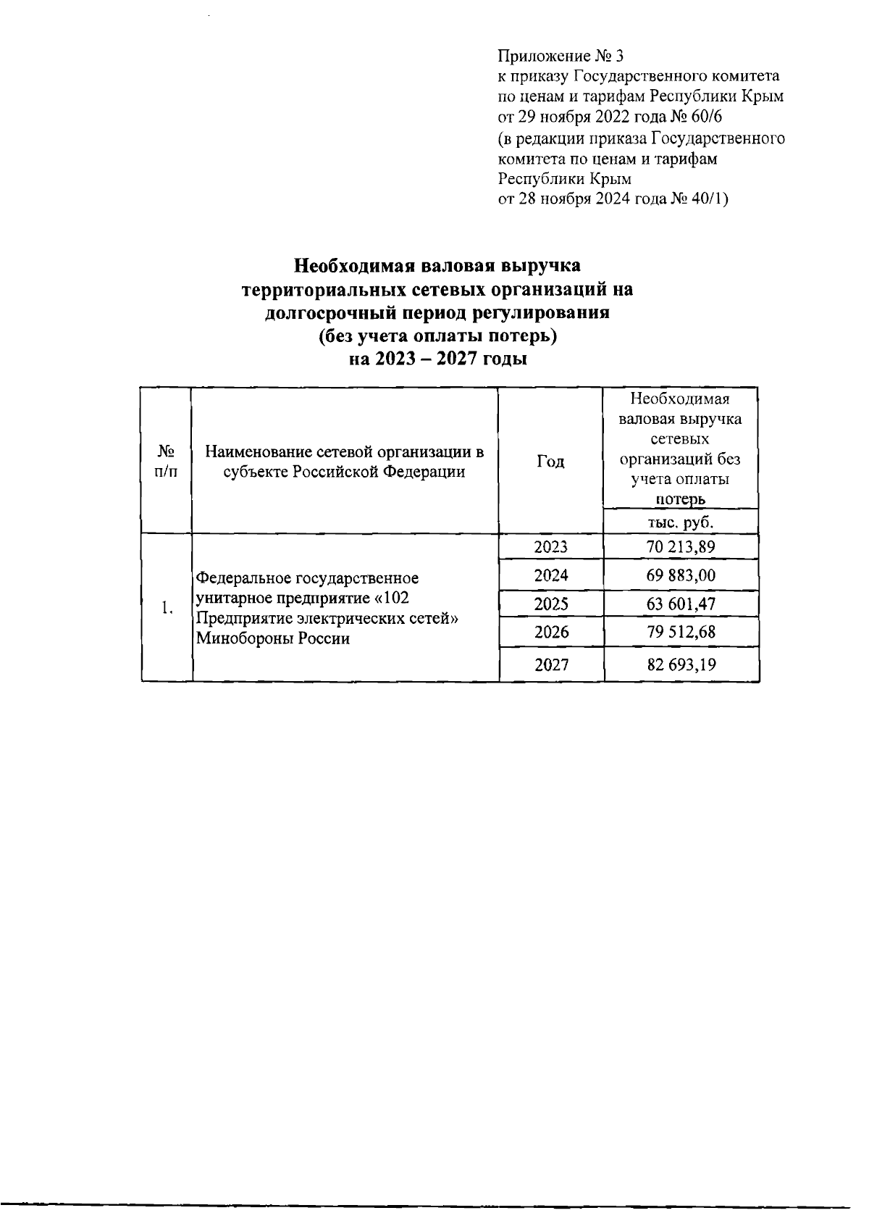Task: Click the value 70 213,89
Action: click(681, 547)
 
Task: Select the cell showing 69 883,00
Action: click(681, 575)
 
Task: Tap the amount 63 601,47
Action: click(681, 604)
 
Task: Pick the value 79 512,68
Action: click(681, 632)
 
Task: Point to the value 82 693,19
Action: click(681, 664)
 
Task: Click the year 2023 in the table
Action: click(550, 547)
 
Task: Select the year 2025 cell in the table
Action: click(550, 604)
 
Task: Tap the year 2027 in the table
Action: click(550, 664)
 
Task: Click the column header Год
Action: click(550, 462)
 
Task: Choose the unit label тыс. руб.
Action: click(681, 522)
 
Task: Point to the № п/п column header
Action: click(167, 462)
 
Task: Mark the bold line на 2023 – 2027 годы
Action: click(437, 359)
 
